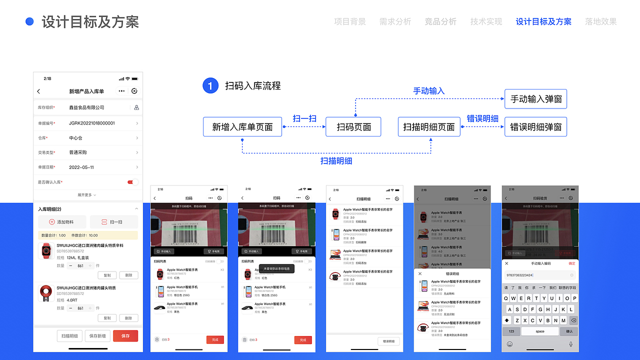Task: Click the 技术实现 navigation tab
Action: point(486,21)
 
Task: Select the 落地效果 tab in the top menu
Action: point(600,21)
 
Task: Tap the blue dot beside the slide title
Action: point(29,21)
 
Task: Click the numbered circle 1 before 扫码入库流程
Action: point(210,86)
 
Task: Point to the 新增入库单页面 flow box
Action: point(242,127)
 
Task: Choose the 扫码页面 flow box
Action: point(353,127)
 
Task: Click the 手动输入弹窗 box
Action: point(535,99)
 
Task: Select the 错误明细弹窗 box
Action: point(535,127)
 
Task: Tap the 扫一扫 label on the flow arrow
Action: point(304,118)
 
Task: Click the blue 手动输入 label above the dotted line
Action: point(428,91)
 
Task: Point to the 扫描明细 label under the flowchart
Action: point(336,161)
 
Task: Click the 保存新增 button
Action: point(97,336)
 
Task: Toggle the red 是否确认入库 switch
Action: point(133,182)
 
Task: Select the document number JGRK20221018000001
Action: point(92,123)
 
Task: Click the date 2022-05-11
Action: point(81,167)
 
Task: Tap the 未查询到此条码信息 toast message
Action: point(276,268)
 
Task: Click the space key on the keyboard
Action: point(540,331)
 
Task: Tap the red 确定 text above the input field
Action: point(571,263)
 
